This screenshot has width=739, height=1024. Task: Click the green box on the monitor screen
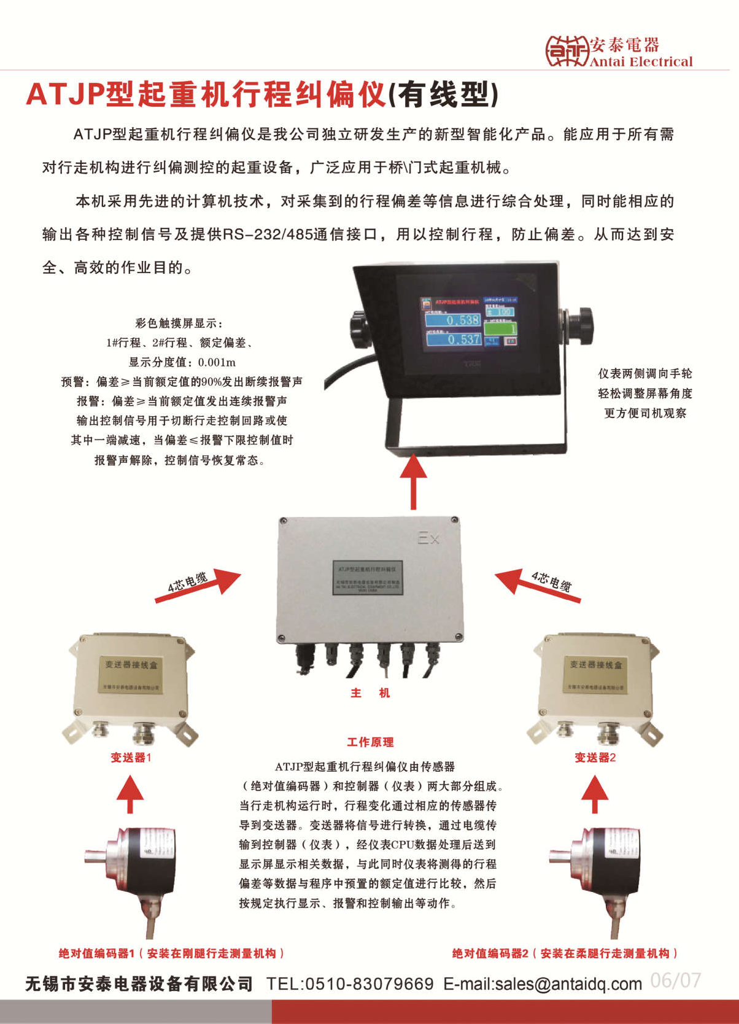coord(501,329)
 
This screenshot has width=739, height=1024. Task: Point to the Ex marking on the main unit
coord(428,538)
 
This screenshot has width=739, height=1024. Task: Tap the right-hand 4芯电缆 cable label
coord(551,580)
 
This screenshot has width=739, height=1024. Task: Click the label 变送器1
coord(131,758)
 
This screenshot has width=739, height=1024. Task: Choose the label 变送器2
coord(595,758)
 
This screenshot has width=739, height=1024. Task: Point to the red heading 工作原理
coord(370,742)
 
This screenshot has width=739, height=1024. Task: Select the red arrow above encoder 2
coord(594,793)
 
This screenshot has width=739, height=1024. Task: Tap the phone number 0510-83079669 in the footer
coord(369,984)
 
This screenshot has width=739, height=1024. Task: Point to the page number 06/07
coord(675,980)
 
